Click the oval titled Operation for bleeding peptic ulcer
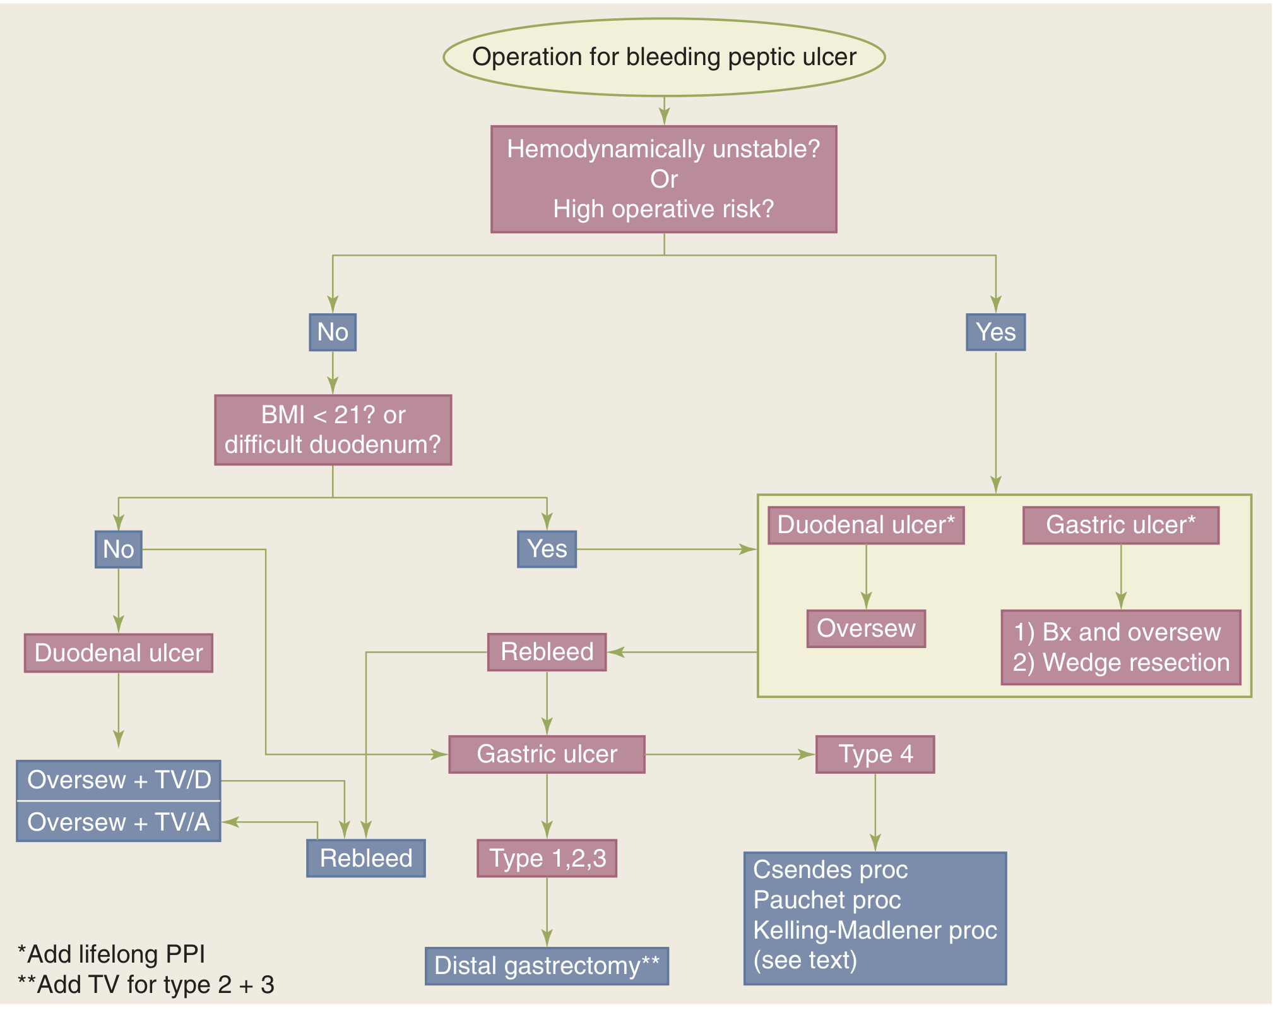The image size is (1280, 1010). (664, 57)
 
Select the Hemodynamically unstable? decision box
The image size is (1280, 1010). (664, 179)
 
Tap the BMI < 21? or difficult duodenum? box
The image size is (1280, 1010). (333, 430)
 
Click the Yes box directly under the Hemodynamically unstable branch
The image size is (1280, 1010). (995, 332)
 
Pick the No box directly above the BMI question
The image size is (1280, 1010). (333, 332)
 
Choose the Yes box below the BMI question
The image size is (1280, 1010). (547, 549)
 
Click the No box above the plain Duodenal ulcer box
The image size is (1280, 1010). (119, 549)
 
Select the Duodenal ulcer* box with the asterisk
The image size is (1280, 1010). (866, 525)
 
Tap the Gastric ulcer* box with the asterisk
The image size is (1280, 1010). (1120, 525)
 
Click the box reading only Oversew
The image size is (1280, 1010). (866, 628)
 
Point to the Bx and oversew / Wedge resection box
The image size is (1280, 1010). (1121, 647)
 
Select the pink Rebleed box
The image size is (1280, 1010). (547, 652)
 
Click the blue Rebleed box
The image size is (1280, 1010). (366, 858)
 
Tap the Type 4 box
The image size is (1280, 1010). (875, 754)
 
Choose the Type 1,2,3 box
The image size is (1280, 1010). (547, 858)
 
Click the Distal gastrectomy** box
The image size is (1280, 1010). (547, 966)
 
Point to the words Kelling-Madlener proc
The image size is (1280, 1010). (875, 930)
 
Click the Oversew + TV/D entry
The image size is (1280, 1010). (119, 781)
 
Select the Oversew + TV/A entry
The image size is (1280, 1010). (119, 822)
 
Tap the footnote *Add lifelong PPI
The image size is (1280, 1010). (112, 954)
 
